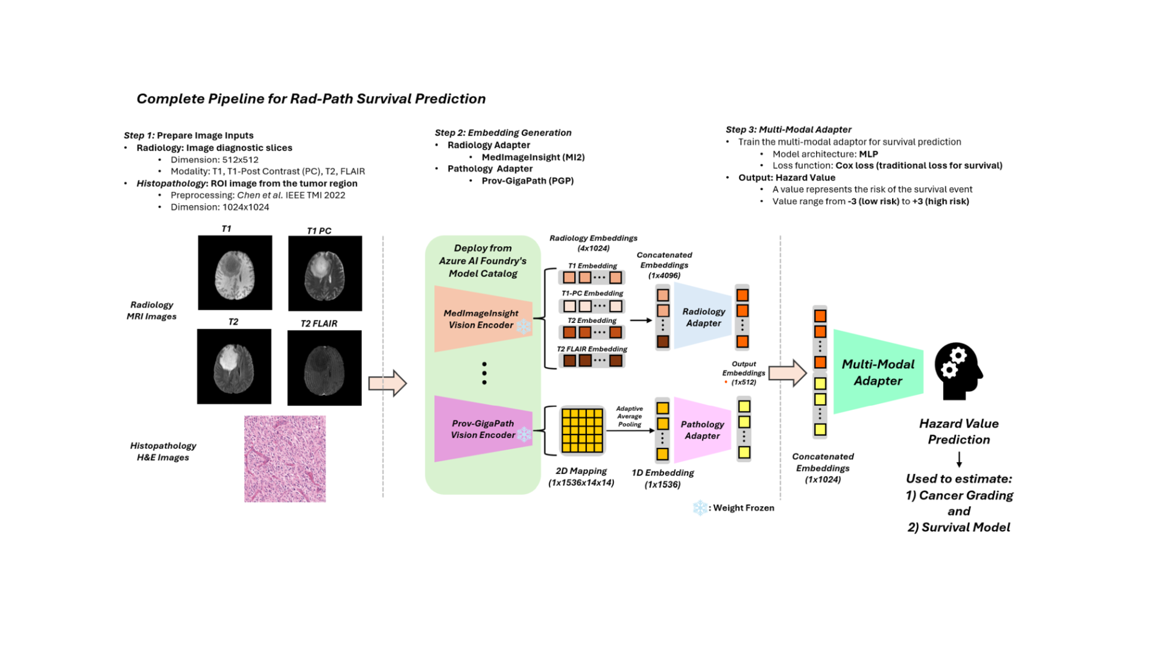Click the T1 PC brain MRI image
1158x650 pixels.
pyautogui.click(x=325, y=273)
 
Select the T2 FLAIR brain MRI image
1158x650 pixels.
pyautogui.click(x=324, y=368)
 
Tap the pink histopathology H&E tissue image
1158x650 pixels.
pyautogui.click(x=285, y=459)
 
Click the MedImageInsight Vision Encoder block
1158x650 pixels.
pyautogui.click(x=483, y=319)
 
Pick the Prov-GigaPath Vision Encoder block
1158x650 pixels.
pyautogui.click(x=483, y=429)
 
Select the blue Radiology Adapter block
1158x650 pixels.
pyautogui.click(x=703, y=317)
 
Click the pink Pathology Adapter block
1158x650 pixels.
pyautogui.click(x=702, y=430)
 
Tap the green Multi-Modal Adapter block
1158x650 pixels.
pyautogui.click(x=878, y=372)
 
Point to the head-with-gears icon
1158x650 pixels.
pyautogui.click(x=958, y=372)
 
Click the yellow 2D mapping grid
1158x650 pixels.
pyautogui.click(x=582, y=430)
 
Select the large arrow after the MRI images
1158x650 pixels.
pyautogui.click(x=388, y=383)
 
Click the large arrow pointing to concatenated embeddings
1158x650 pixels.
pyautogui.click(x=788, y=373)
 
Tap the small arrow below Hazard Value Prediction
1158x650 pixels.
pyautogui.click(x=959, y=459)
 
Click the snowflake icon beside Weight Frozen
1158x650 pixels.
pyautogui.click(x=700, y=508)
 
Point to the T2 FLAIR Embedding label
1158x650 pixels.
pyautogui.click(x=592, y=349)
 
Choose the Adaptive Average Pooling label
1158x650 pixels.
pyautogui.click(x=629, y=416)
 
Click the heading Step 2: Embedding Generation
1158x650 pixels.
pyautogui.click(x=503, y=133)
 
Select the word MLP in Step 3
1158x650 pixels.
pyautogui.click(x=868, y=154)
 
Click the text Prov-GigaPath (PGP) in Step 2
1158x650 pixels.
pyautogui.click(x=528, y=180)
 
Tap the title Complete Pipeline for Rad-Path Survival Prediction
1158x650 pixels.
pyautogui.click(x=311, y=99)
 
